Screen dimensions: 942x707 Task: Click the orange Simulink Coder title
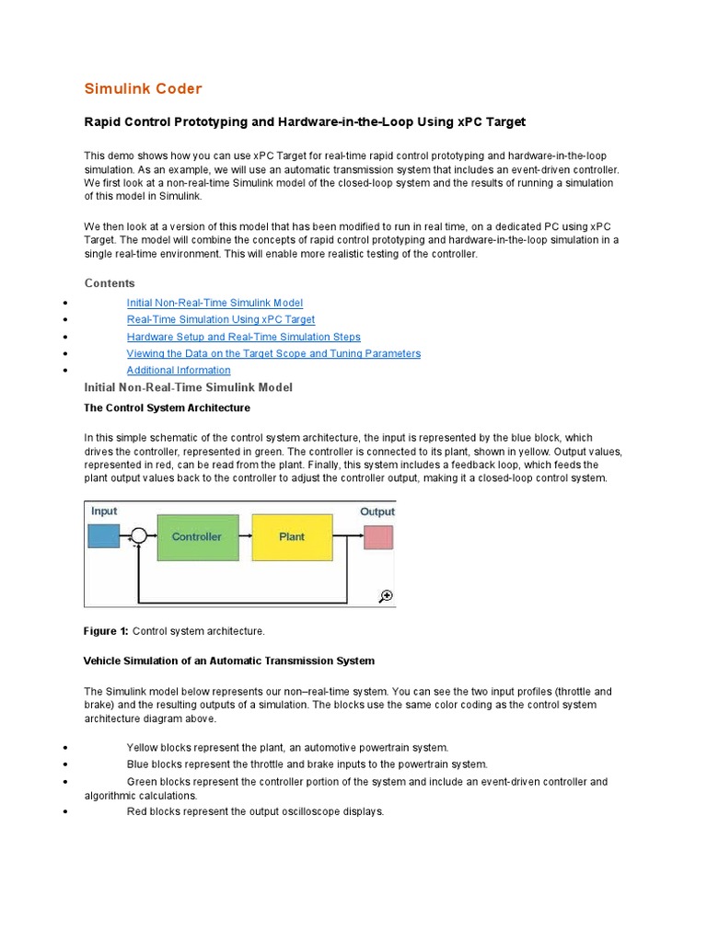143,89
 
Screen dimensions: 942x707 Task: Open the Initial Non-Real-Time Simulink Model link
214,303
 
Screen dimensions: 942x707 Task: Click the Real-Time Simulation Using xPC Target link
220,319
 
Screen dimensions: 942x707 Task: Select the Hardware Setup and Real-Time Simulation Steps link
243,337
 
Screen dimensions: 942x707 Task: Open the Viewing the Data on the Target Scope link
273,353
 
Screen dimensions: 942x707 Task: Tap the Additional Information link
179,370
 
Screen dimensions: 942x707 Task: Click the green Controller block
197,537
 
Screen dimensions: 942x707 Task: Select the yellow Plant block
292,537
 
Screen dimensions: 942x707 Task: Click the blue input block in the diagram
103,536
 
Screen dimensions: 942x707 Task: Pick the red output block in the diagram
377,537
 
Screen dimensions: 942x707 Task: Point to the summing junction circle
138,536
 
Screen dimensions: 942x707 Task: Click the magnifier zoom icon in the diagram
386,596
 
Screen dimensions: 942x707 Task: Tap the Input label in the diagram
104,511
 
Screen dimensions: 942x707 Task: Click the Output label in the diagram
377,511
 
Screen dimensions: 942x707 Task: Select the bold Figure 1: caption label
106,631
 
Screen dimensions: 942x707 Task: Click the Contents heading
110,283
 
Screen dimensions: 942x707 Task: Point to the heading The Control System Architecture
167,408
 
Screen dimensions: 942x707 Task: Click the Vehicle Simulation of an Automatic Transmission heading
229,661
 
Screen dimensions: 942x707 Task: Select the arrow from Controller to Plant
245,536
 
